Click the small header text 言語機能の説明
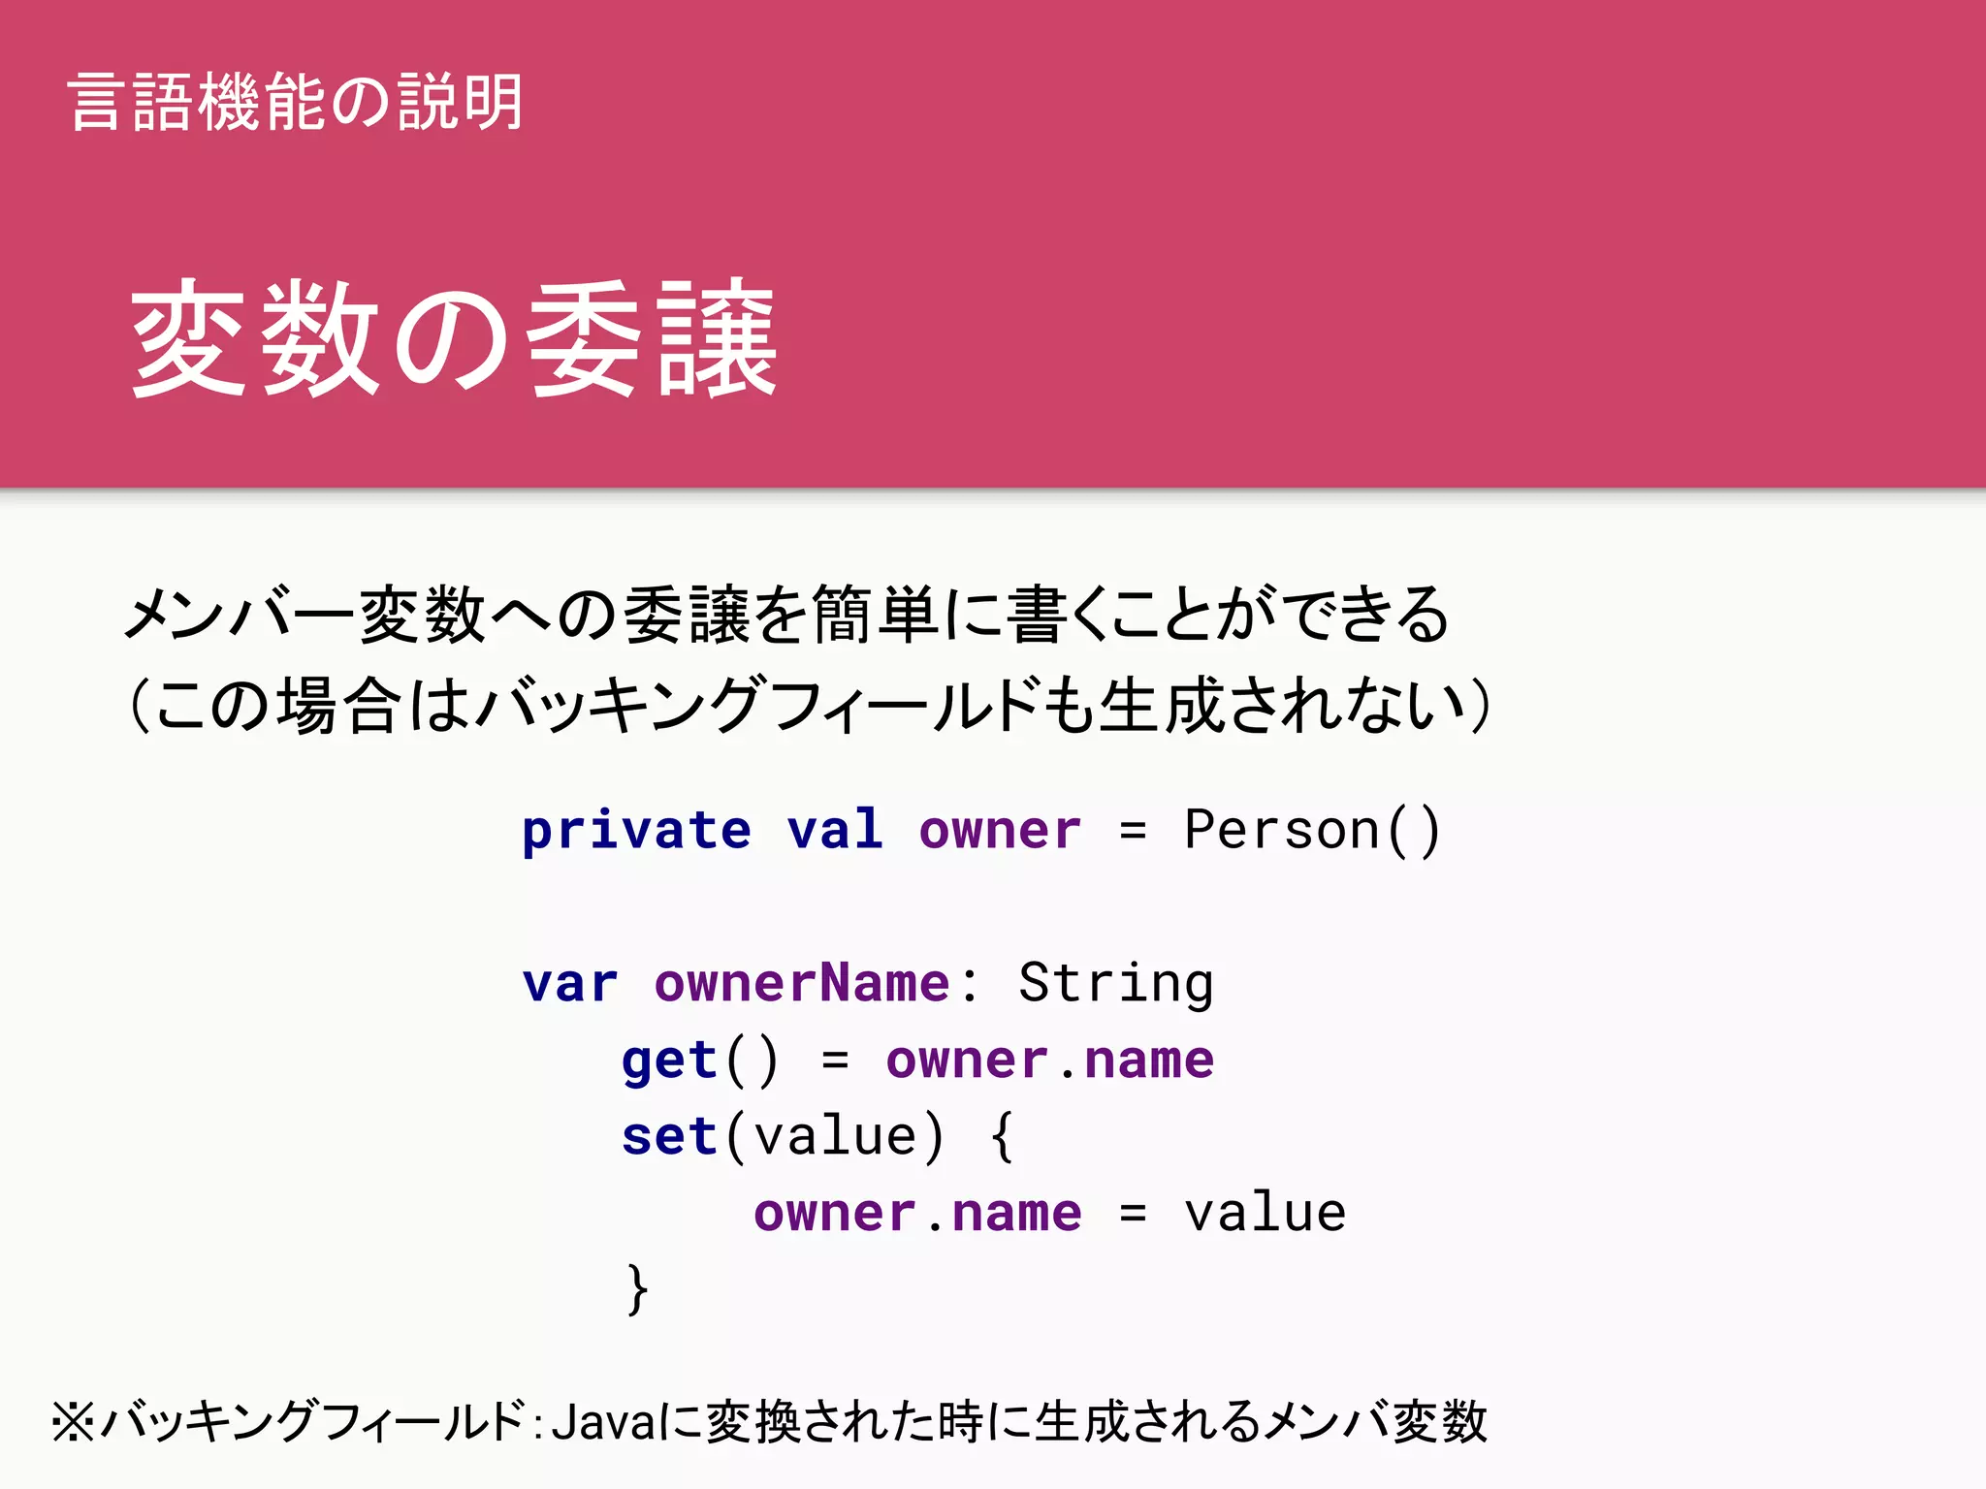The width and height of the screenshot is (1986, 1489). (x=296, y=102)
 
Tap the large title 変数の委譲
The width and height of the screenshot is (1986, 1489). (x=454, y=338)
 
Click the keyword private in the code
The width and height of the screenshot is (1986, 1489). (x=636, y=831)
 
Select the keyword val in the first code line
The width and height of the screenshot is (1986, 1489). (x=835, y=831)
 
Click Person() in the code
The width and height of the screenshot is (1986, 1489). (x=1312, y=831)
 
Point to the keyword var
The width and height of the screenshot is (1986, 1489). (x=570, y=984)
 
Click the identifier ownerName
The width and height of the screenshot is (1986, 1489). (x=802, y=983)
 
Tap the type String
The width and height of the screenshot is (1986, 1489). (x=1115, y=984)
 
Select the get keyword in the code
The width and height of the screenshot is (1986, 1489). (x=668, y=1061)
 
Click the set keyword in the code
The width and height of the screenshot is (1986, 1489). (x=668, y=1136)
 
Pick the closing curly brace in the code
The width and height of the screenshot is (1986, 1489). (x=636, y=1289)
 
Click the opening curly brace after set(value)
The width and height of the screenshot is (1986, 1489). (x=1002, y=1136)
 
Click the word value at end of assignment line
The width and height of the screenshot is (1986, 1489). (x=1265, y=1213)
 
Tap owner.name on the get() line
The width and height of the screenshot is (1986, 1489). (x=1049, y=1060)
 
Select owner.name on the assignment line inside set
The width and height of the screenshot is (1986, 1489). (x=917, y=1213)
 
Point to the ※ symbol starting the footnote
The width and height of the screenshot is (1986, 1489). (x=74, y=1422)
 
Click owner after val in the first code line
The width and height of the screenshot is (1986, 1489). (x=1000, y=831)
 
